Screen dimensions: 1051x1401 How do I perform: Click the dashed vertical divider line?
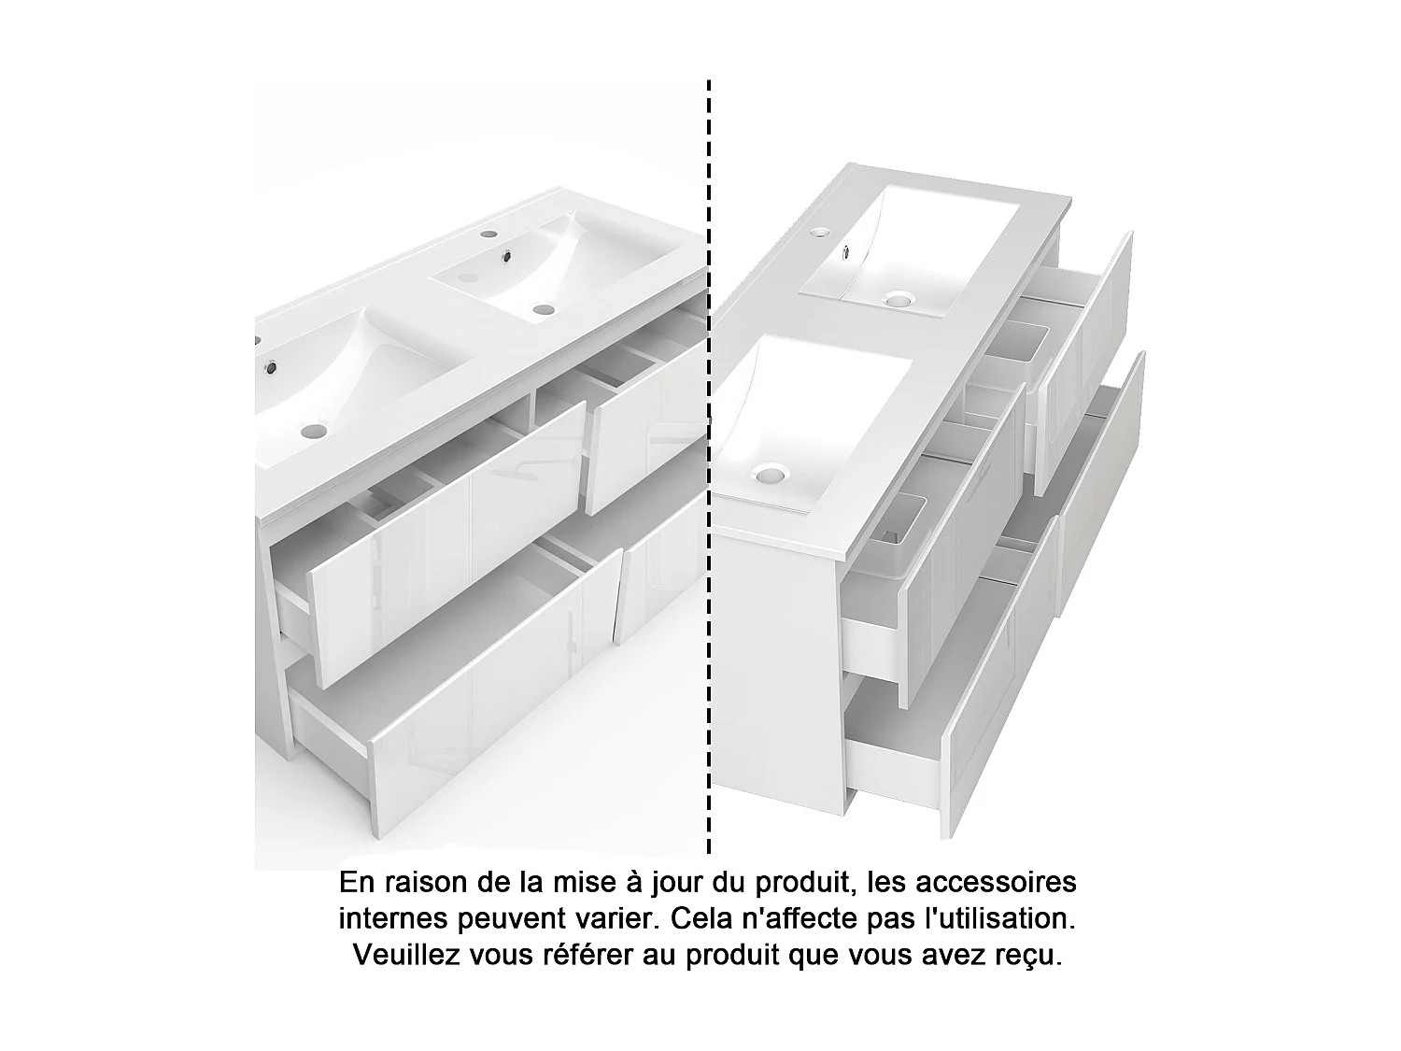coord(709,467)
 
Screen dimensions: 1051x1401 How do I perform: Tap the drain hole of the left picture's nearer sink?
coord(313,431)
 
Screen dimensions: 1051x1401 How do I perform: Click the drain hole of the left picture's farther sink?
coord(541,308)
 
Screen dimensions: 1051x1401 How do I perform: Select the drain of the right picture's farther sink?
coord(898,300)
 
